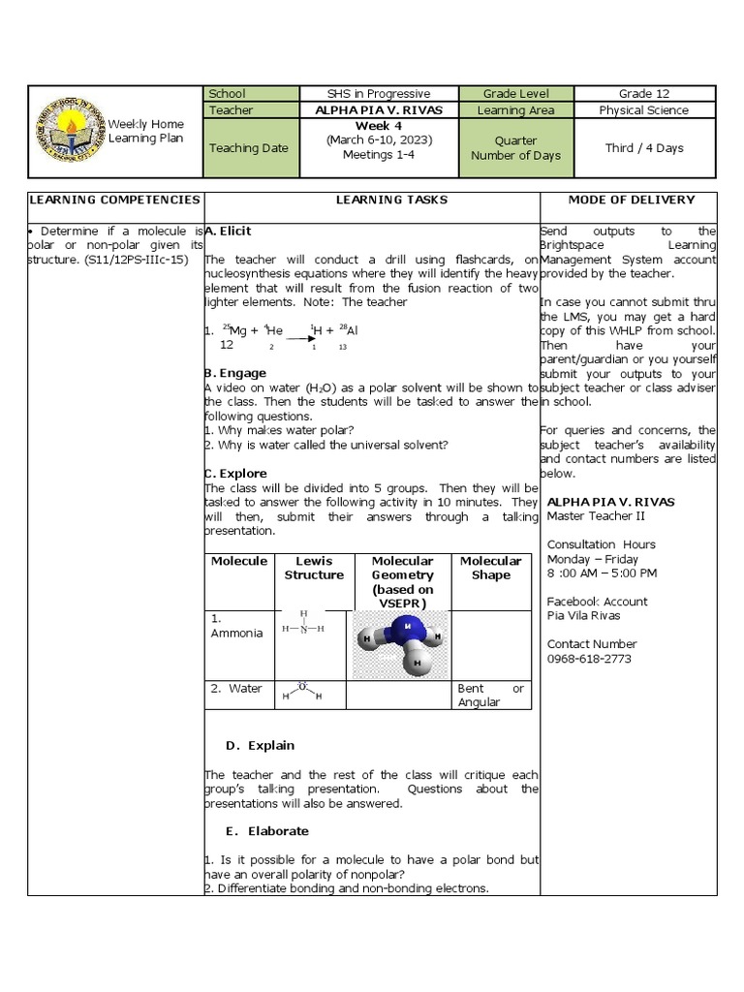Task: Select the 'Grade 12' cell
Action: [644, 94]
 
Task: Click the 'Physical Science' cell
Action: [644, 110]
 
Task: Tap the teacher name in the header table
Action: [379, 110]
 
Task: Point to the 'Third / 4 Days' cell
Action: [644, 148]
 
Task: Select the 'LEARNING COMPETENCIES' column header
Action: [114, 200]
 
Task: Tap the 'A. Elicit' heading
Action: [229, 232]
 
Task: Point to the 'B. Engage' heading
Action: [235, 373]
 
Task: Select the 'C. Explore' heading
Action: [236, 474]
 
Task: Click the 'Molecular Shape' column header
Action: [490, 568]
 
